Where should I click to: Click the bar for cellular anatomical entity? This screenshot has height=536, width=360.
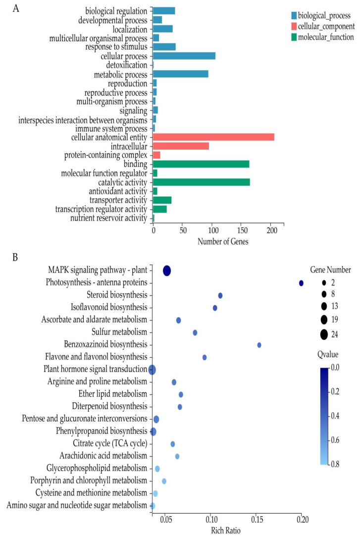213,137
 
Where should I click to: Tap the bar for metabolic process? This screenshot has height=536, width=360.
180,74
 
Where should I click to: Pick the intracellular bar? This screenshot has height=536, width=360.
181,146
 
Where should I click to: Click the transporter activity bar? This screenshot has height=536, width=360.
162,200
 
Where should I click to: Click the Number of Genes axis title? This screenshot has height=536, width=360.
223,242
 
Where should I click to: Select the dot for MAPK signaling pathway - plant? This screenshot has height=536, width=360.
167,270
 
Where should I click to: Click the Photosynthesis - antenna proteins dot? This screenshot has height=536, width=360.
301,283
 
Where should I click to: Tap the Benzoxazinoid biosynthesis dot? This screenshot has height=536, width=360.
259,345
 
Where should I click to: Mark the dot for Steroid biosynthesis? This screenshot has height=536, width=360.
220,295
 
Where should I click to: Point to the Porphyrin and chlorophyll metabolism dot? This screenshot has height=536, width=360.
164,481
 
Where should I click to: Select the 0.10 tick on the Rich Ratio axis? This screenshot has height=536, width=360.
211,520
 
